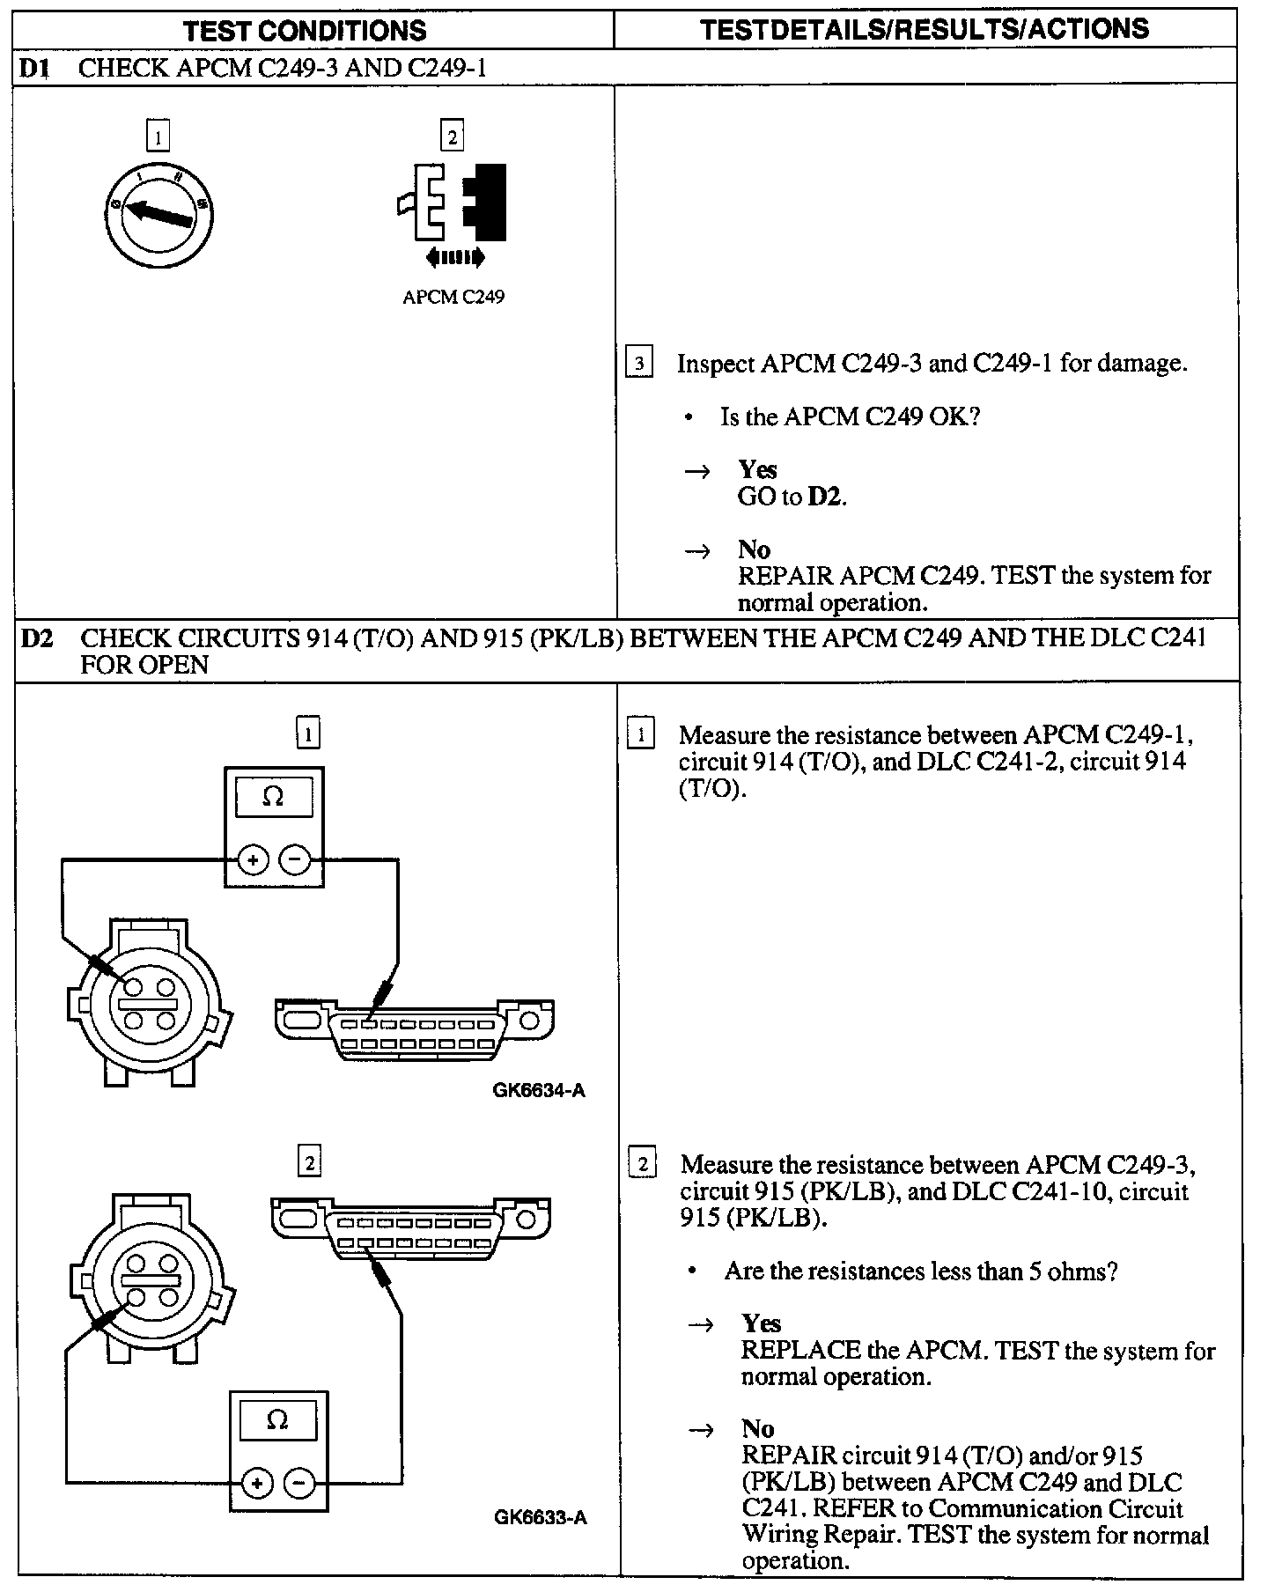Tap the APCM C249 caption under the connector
click(453, 298)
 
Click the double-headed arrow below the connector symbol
click(454, 257)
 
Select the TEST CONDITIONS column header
click(305, 31)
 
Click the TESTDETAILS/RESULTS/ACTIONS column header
click(925, 29)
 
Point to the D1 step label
click(34, 69)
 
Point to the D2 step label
click(37, 638)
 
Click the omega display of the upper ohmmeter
click(274, 797)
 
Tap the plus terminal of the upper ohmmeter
click(253, 860)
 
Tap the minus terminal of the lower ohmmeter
click(299, 1484)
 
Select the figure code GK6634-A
click(539, 1091)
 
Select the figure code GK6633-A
click(540, 1517)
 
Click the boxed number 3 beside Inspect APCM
click(639, 363)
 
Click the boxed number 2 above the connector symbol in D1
click(452, 136)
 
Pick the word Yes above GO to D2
click(757, 469)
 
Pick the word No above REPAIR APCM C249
click(754, 549)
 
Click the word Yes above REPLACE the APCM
click(761, 1323)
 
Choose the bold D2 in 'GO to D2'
click(825, 497)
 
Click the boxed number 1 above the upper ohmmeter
click(307, 733)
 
